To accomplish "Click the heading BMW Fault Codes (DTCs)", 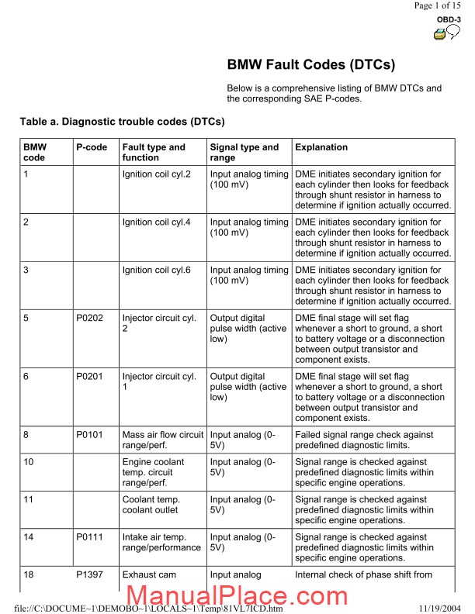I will coord(311,65).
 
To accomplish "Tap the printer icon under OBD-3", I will coord(439,33).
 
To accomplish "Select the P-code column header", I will coord(92,147).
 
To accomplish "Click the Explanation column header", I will coord(321,147).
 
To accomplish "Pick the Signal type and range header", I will coord(244,153).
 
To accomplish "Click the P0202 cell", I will coord(91,319).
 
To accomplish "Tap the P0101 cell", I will coord(91,436).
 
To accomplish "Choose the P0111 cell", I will coord(91,537).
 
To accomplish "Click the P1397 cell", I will coord(91,575).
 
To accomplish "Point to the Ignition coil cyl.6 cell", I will coord(161,271).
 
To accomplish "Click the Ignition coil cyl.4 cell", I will coord(161,222).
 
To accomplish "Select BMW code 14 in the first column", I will coord(28,537).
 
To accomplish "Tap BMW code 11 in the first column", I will coord(28,500).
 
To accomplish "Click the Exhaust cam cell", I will coord(149,575).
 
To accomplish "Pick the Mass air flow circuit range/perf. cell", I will coord(163,441).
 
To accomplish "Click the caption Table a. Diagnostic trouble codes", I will coord(123,122).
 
